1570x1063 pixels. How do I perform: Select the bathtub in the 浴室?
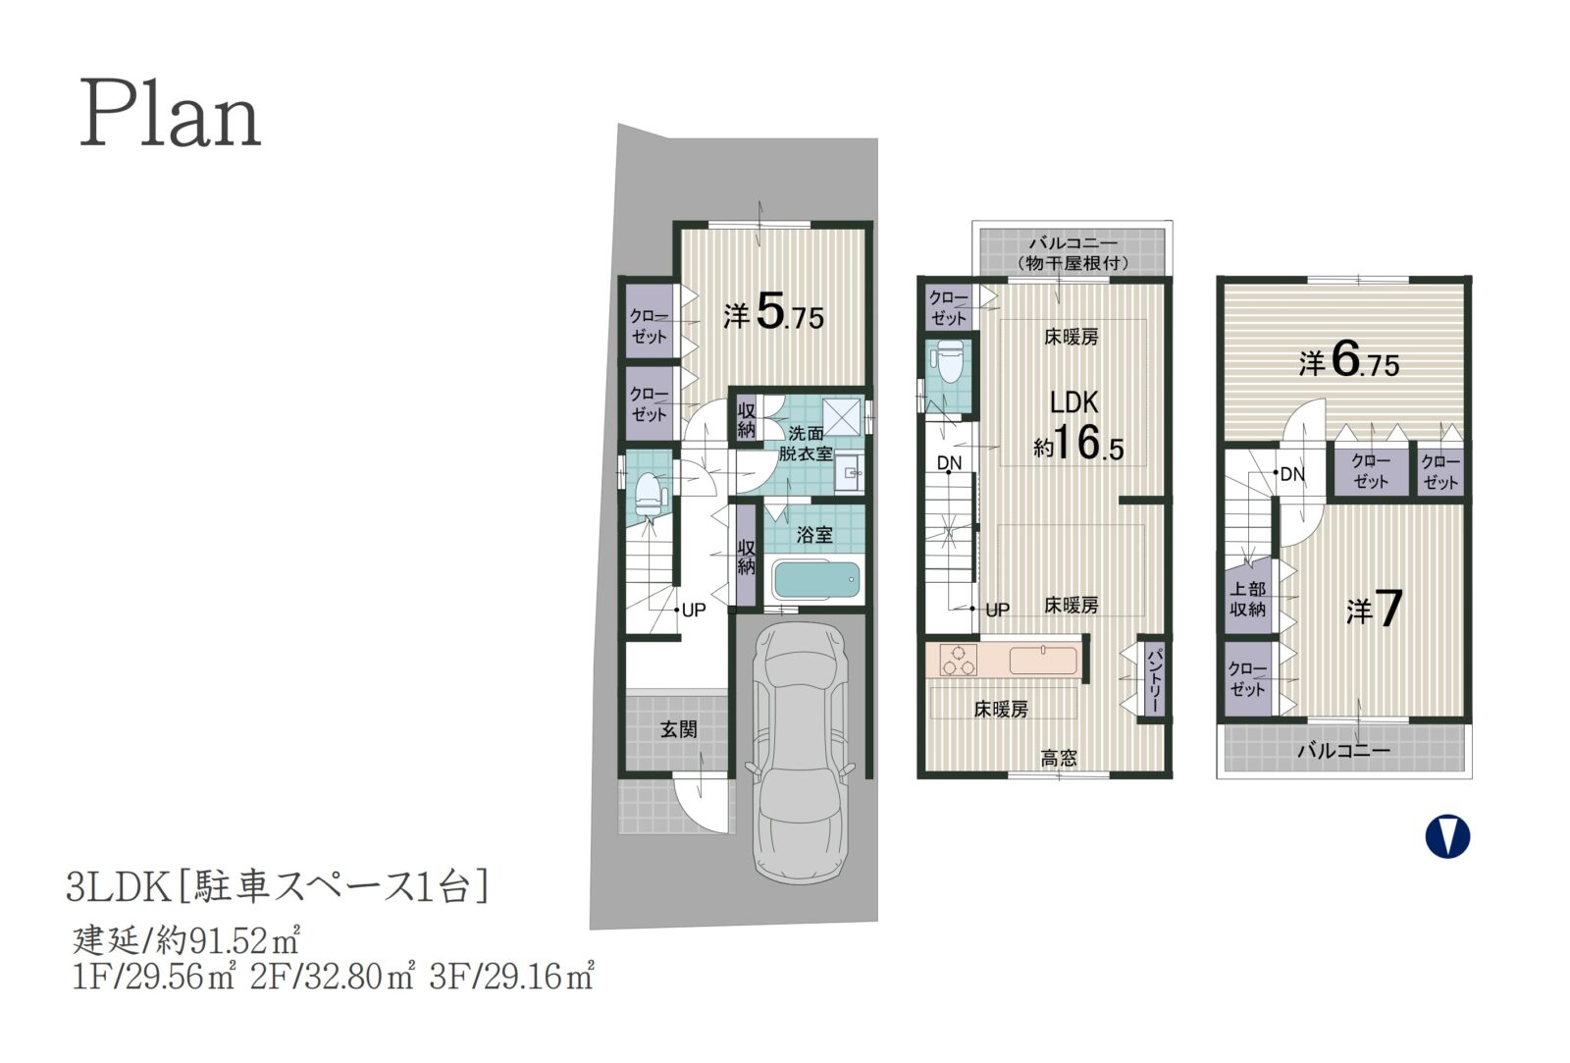click(815, 581)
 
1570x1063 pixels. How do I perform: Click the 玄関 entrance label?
click(678, 729)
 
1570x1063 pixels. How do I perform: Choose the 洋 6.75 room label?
click(1348, 362)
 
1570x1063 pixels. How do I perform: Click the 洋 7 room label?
click(1374, 609)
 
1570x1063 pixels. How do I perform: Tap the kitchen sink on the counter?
click(1043, 660)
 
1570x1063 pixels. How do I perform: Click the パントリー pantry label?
click(1154, 677)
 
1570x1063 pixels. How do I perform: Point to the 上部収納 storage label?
click(1247, 599)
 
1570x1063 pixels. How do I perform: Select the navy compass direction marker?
click(1447, 836)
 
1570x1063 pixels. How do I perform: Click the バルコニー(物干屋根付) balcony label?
click(1073, 252)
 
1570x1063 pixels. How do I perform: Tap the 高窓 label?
click(1059, 758)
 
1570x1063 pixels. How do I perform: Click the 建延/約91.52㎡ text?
click(185, 940)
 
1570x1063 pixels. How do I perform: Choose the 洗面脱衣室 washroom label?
click(806, 443)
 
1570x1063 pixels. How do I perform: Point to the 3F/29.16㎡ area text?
click(511, 977)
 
